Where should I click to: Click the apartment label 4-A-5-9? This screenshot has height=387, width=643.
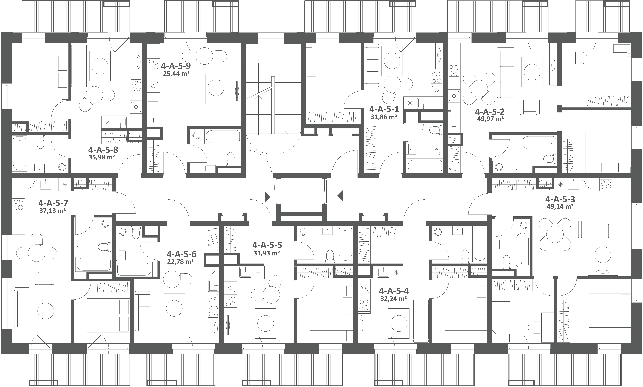click(x=176, y=65)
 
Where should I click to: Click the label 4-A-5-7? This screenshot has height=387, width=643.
click(x=53, y=203)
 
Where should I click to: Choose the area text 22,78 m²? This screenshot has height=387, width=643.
click(x=180, y=262)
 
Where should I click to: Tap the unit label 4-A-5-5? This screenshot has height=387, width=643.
click(x=267, y=245)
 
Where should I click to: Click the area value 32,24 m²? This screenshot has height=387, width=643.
click(x=393, y=299)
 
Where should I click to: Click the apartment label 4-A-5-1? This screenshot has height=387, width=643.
click(x=384, y=109)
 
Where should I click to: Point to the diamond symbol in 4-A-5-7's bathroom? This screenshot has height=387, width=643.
click(x=95, y=276)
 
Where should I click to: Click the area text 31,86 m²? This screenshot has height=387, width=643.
click(x=384, y=117)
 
